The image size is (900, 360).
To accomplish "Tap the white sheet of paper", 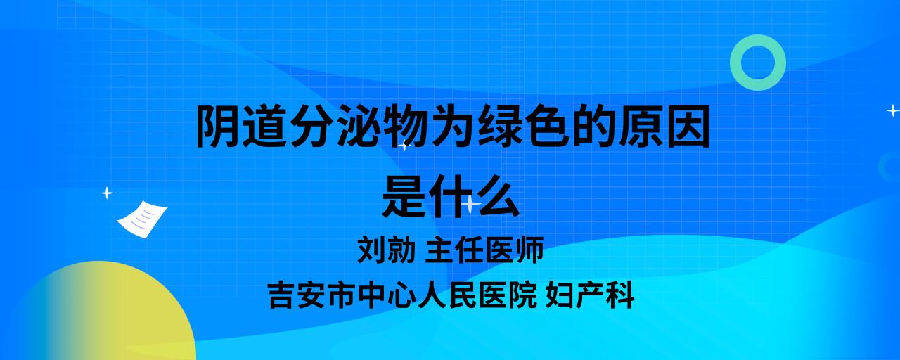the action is pyautogui.click(x=142, y=219).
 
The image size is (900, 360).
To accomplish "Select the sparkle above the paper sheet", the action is pyautogui.click(x=107, y=193).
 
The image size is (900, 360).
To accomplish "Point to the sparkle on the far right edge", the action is pyautogui.click(x=893, y=110).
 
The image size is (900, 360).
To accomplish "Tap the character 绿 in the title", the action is pyautogui.click(x=499, y=126).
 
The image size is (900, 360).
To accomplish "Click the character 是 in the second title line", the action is pyautogui.click(x=404, y=196).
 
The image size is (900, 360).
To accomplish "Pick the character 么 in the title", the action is pyautogui.click(x=498, y=196).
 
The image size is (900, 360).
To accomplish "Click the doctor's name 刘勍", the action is pyautogui.click(x=386, y=250).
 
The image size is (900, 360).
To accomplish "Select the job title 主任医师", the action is pyautogui.click(x=484, y=250).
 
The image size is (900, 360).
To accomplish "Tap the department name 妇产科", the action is pyautogui.click(x=590, y=295).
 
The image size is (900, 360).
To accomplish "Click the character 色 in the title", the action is pyautogui.click(x=547, y=126).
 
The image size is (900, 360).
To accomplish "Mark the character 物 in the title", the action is pyautogui.click(x=406, y=126).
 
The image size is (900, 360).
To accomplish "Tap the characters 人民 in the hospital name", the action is pyautogui.click(x=448, y=295).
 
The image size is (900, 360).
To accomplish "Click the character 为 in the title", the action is pyautogui.click(x=452, y=126).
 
